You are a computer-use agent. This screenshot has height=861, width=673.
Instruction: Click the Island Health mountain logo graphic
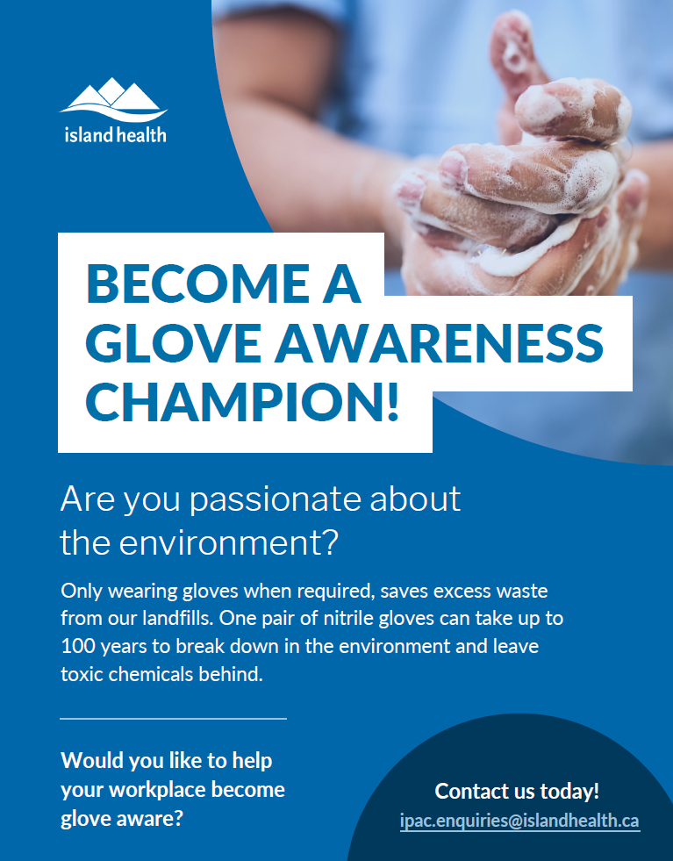point(113,100)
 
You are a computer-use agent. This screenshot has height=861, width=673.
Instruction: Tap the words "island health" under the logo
point(115,134)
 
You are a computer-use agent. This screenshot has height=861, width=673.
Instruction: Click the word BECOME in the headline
point(197,283)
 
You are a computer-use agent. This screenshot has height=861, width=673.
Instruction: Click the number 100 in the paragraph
point(77,646)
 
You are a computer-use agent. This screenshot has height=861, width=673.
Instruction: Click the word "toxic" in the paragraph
point(82,674)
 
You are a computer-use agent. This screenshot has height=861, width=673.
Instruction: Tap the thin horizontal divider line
point(173,718)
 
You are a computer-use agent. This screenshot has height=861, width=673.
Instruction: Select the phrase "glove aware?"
point(121,819)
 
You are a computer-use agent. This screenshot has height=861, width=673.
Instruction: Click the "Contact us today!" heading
point(517,792)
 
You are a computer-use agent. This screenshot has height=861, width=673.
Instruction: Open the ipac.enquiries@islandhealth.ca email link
point(519,821)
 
